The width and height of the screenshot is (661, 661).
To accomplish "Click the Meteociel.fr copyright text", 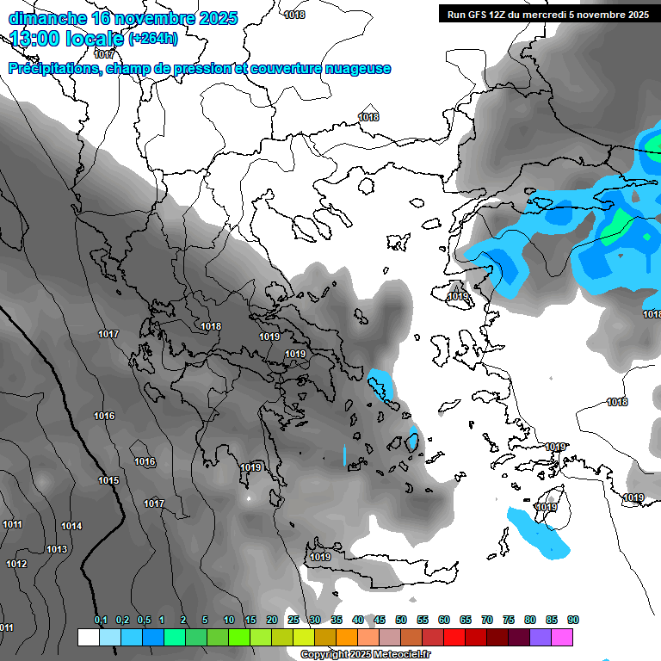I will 365,654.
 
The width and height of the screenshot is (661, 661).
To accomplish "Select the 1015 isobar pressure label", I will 108,480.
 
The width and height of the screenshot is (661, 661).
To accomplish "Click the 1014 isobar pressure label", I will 71,526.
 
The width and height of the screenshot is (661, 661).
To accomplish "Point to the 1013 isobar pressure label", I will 57,549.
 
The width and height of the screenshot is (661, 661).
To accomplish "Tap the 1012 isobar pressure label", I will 16,564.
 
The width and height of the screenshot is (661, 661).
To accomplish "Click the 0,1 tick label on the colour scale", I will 101,620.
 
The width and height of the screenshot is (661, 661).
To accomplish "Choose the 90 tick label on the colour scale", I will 573,620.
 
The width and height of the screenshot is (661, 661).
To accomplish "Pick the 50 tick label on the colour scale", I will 401,620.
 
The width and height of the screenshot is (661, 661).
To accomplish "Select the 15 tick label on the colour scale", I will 250,620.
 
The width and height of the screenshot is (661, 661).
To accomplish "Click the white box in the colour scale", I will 88,637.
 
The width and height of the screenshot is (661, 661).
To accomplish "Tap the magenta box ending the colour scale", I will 562,637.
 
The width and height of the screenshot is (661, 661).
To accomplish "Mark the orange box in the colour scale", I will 347,637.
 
